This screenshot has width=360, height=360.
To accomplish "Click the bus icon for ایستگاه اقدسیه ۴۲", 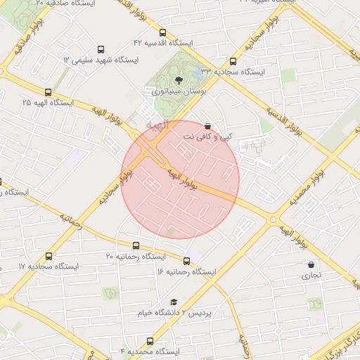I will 163,32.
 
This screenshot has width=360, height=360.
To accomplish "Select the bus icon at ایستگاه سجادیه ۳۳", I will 233,61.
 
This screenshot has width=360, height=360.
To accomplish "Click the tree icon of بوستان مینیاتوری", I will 178,79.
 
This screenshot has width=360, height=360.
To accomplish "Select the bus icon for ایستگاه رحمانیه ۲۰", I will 136,246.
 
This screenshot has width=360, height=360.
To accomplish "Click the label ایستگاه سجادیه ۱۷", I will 49,267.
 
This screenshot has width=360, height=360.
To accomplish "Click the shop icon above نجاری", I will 311,265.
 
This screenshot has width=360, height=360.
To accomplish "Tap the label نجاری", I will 311,276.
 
